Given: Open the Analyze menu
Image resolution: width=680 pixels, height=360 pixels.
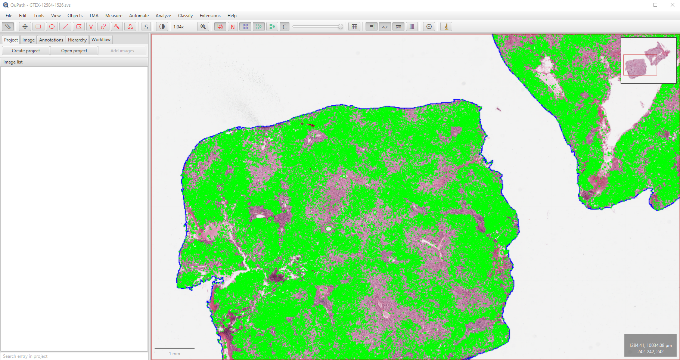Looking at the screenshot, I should click(x=163, y=16).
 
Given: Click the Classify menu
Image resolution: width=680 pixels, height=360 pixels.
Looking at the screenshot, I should click(x=185, y=16).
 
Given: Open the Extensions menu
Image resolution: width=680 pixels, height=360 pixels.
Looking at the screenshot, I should click(x=210, y=16).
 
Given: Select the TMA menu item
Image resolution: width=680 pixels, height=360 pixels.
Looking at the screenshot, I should click(x=94, y=16).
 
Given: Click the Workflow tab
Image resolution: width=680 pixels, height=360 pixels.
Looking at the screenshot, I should click(x=101, y=40).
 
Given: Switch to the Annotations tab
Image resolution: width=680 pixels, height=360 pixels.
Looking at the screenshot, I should click(x=51, y=40).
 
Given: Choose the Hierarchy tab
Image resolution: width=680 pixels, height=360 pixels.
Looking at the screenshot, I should click(x=77, y=40).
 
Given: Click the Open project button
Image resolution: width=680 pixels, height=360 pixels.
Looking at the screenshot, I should click(x=74, y=51).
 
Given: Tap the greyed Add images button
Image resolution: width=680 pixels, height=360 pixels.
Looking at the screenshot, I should click(x=122, y=51).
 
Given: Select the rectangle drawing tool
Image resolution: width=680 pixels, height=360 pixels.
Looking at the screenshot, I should click(x=38, y=27).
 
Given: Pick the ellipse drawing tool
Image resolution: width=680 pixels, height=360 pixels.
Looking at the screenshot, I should click(x=52, y=27).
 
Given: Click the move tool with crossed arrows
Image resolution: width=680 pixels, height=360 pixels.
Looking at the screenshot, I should click(x=25, y=27).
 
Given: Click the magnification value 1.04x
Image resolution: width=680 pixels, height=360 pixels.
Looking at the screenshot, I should click(x=178, y=27).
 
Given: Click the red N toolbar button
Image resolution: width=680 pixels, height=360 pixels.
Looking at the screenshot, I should click(x=233, y=27).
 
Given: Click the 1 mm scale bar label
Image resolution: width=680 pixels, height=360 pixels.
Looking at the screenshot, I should click(x=174, y=353).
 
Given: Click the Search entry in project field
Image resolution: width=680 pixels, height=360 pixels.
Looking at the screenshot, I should click(x=74, y=356).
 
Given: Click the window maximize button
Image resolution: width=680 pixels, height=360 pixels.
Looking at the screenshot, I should click(x=655, y=5).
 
